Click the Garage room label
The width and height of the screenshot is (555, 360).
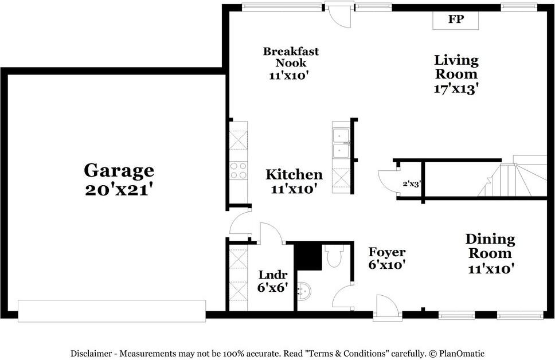click(119, 170)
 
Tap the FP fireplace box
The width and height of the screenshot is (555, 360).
click(455, 19)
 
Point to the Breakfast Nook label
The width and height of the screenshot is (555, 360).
click(291, 57)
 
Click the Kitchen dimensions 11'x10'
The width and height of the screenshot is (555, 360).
click(294, 189)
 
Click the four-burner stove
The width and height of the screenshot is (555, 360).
click(238, 170)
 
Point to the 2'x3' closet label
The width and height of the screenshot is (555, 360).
click(411, 185)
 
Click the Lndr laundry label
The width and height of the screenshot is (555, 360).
click(272, 275)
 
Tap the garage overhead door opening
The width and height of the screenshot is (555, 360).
click(112, 310)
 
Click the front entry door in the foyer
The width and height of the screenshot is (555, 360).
click(386, 307)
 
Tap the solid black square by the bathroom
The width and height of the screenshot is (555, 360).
click(307, 256)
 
